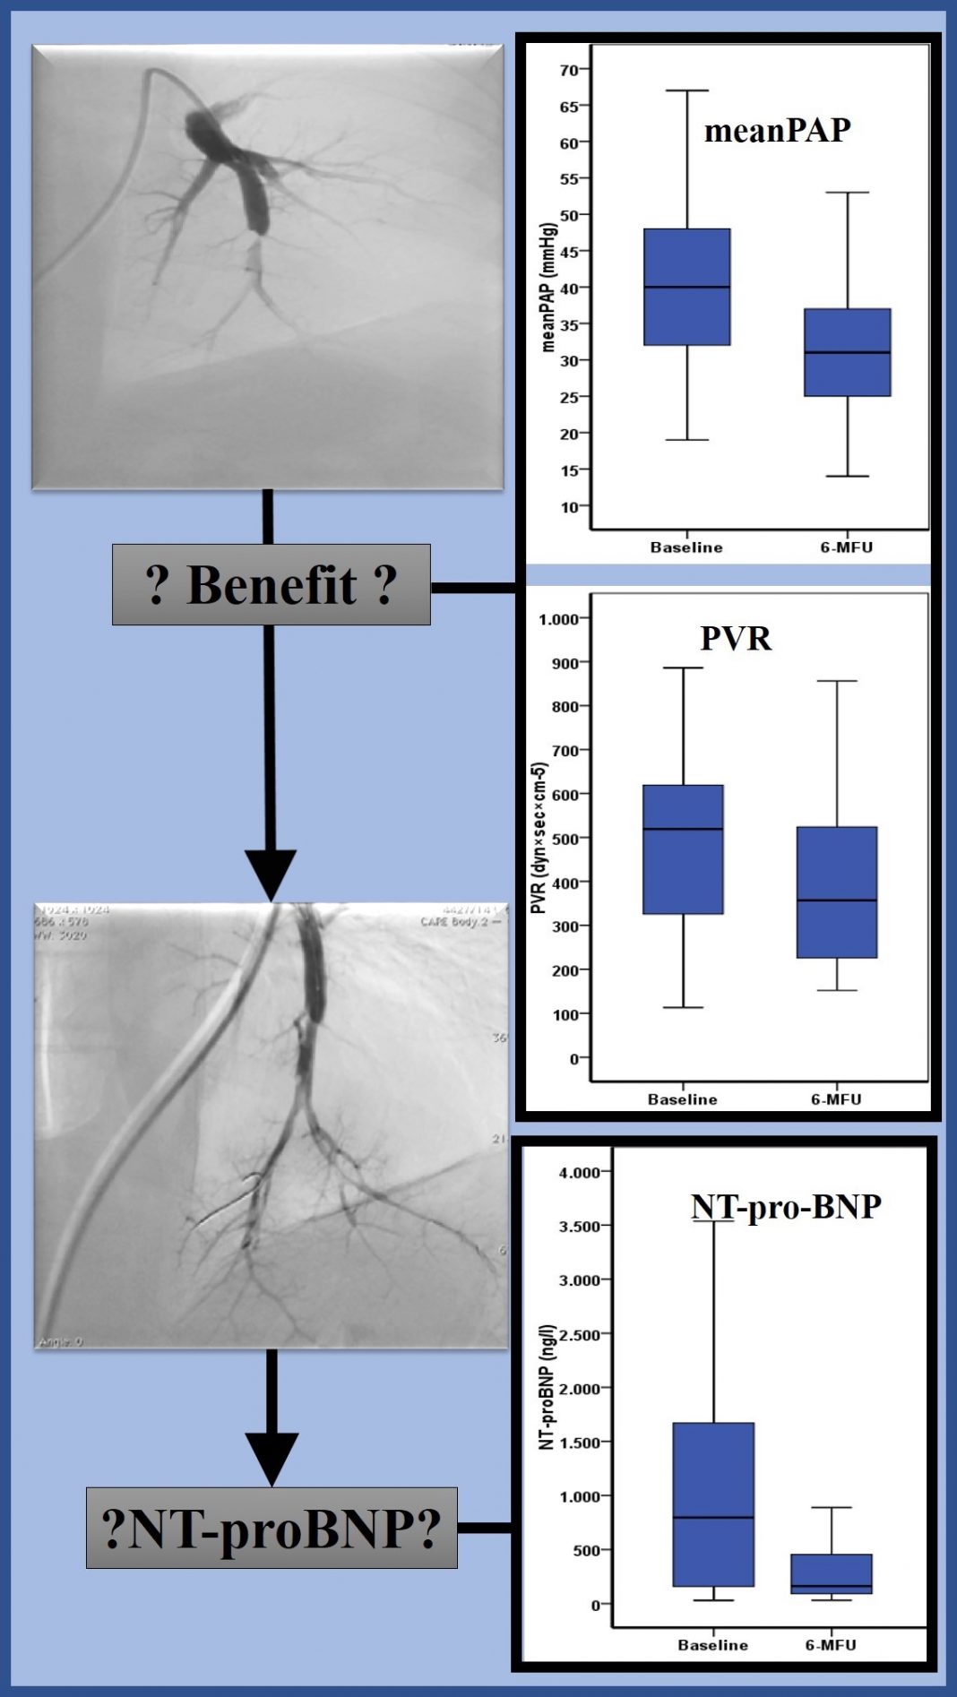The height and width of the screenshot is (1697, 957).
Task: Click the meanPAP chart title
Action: click(777, 131)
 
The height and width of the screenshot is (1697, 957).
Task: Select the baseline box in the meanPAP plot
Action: click(686, 287)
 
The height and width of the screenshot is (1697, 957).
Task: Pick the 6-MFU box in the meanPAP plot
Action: click(847, 352)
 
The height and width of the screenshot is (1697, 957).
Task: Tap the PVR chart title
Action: click(735, 638)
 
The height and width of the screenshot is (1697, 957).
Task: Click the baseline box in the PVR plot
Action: click(683, 848)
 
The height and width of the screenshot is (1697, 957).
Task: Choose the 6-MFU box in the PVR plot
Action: click(837, 892)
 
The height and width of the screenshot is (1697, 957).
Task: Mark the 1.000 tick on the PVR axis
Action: click(559, 619)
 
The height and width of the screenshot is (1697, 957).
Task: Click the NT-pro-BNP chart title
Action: click(786, 1207)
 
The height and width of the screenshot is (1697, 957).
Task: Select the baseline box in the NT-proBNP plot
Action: click(713, 1504)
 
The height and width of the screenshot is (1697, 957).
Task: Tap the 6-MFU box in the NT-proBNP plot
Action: click(832, 1573)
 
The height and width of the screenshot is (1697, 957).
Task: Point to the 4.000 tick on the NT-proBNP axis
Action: click(580, 1172)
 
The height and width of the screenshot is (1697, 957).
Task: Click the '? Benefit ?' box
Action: click(271, 584)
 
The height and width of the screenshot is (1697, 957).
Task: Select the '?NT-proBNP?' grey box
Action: click(272, 1528)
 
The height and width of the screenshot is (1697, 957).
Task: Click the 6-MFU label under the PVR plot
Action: click(836, 1099)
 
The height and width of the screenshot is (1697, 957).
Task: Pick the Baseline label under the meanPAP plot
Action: click(686, 547)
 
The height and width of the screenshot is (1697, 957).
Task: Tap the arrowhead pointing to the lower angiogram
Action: click(271, 874)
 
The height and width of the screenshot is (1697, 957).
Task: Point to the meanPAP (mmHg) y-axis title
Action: click(548, 287)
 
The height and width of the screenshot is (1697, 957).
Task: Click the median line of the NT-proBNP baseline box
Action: click(713, 1517)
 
